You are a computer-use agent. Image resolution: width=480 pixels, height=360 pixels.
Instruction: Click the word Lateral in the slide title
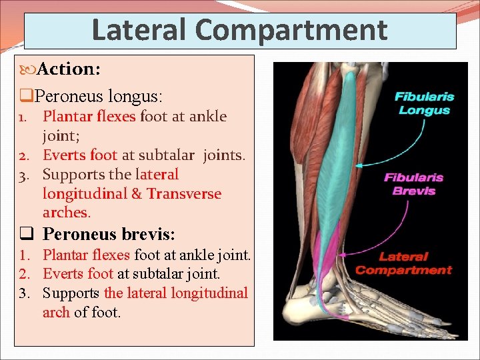pyautogui.click(x=139, y=30)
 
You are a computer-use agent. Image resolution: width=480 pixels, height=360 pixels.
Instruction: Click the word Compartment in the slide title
pyautogui.click(x=291, y=30)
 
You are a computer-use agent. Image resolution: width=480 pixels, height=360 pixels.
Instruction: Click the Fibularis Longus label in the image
pyautogui.click(x=424, y=103)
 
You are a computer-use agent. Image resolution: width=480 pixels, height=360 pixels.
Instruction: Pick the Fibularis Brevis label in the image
pyautogui.click(x=413, y=184)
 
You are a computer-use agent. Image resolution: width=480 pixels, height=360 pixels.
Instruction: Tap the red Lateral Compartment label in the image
pyautogui.click(x=403, y=263)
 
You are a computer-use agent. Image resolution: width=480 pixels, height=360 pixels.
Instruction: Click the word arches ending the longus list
pyautogui.click(x=65, y=213)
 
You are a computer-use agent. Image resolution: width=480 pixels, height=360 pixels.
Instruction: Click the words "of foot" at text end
pyautogui.click(x=97, y=313)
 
